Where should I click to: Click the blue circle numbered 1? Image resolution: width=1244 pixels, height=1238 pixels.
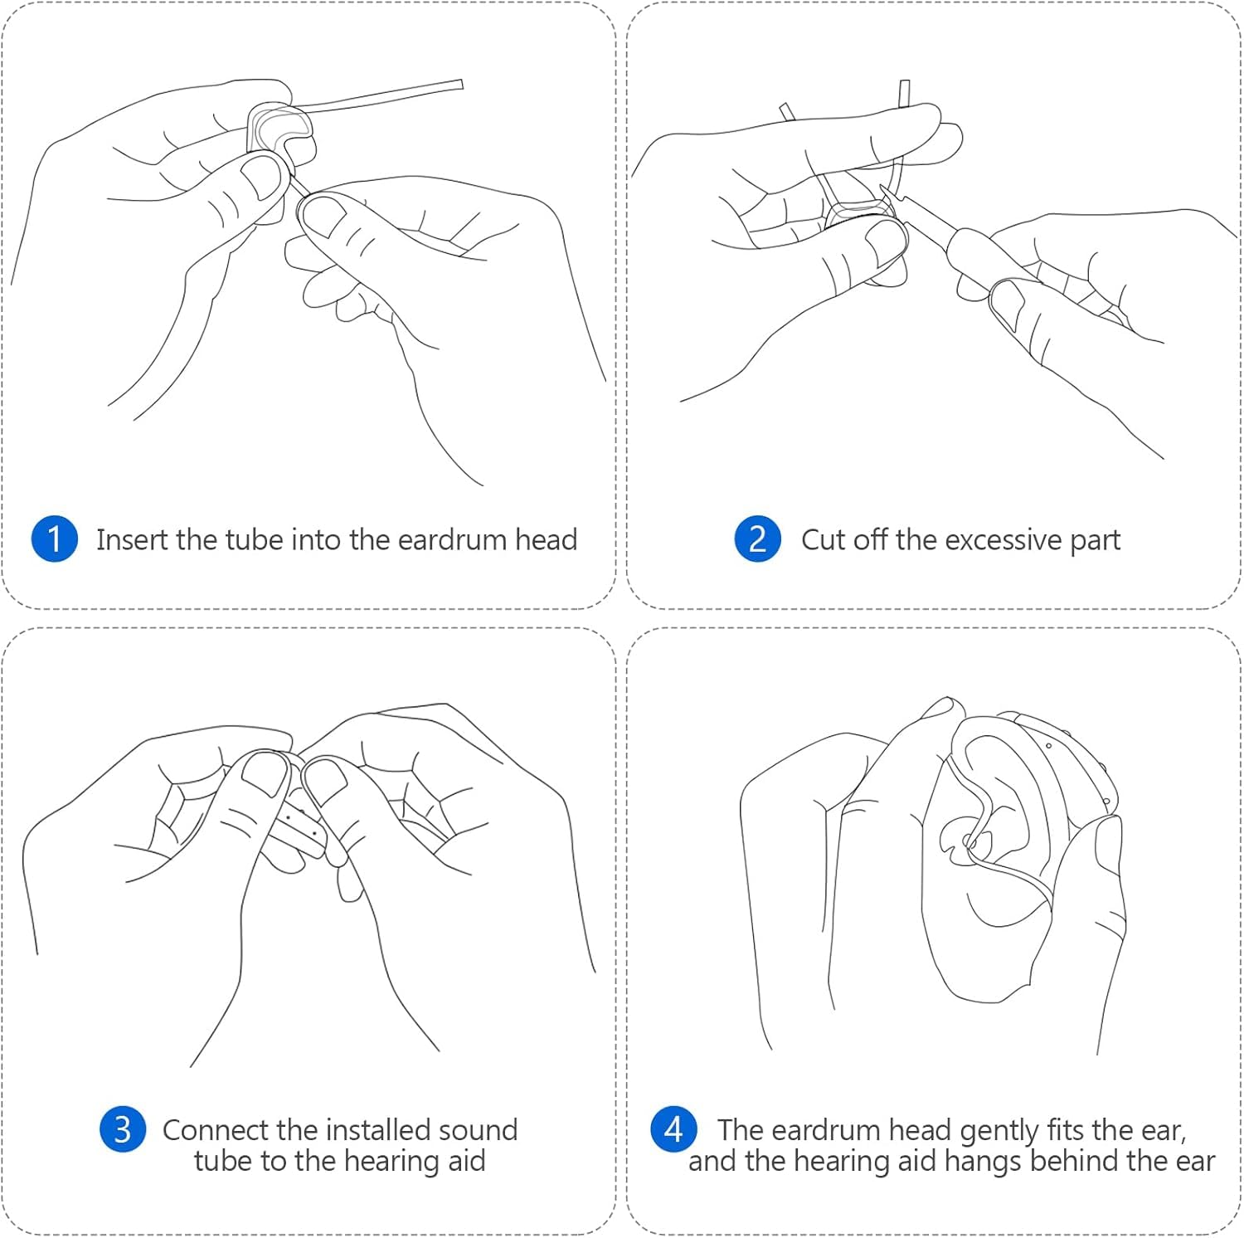(x=55, y=539)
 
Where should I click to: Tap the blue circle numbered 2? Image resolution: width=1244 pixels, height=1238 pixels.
(x=757, y=539)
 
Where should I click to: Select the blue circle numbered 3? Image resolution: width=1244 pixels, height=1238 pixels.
(x=123, y=1129)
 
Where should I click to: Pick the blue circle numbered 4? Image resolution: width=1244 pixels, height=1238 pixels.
(x=674, y=1129)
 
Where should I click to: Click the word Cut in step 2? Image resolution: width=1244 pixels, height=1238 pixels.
(x=823, y=540)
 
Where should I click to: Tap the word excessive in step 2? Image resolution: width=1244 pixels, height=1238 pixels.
(x=1003, y=540)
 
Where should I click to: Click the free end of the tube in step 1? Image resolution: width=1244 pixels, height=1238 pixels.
(x=461, y=84)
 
